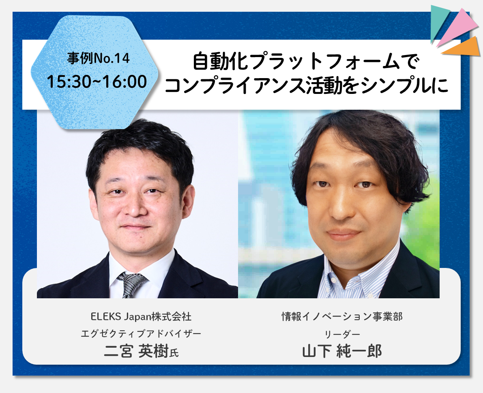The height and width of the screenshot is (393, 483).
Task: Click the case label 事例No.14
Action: pos(98,58)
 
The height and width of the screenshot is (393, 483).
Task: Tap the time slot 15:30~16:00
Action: pos(97,82)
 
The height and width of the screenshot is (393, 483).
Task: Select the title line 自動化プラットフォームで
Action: pos(306,62)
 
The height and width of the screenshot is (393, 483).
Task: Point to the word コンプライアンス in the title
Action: pos(235,85)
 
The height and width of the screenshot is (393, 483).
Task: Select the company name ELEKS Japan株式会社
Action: pos(141,317)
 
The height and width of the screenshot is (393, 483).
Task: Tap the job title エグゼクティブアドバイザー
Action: pos(141,334)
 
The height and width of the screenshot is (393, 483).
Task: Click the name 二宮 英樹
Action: pos(136,351)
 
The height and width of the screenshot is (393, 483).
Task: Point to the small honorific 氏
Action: pos(174,353)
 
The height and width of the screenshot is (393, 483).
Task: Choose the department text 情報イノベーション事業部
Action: pos(342,317)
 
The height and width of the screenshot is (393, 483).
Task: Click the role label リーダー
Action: pos(342,334)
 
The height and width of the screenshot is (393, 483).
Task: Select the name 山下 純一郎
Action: pos(342,351)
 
